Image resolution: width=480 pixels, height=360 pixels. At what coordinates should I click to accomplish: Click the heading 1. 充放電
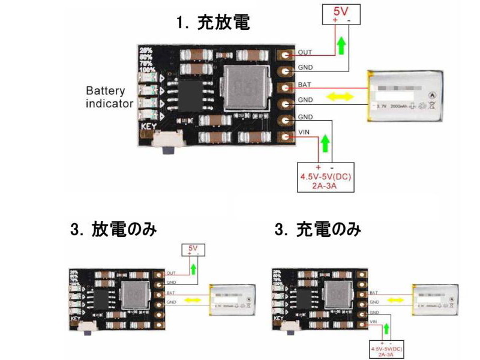213,23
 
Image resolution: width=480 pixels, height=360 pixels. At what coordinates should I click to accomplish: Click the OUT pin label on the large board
304,53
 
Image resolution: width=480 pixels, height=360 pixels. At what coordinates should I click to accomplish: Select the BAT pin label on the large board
304,85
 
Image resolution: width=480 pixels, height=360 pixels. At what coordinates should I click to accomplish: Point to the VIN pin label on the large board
304,133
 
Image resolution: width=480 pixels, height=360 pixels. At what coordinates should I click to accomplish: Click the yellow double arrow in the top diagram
340,96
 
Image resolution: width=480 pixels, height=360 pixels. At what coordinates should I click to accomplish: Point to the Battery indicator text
109,97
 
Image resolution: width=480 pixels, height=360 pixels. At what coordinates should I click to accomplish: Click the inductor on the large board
243,89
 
